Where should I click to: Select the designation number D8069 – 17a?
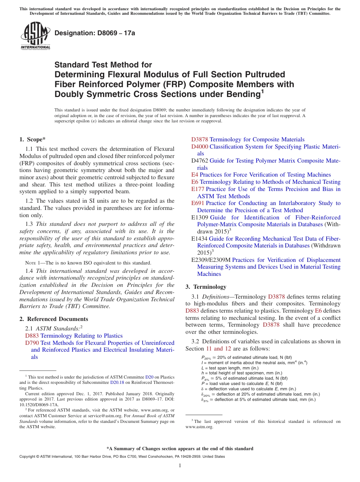pos(95,33)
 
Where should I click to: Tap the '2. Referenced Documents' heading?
pos(54,319)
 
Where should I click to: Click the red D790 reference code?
pos(31,343)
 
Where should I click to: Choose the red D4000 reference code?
pos(199,147)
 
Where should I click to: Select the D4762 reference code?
pos(199,161)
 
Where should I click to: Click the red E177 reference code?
pos(198,189)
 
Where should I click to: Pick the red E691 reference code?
pos(198,203)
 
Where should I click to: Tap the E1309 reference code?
pos(200,218)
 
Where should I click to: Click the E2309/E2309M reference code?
pos(211,260)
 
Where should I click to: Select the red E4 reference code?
pos(194,175)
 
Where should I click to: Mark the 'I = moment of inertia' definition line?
pos(254,363)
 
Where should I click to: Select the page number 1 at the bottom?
pos(180,466)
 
